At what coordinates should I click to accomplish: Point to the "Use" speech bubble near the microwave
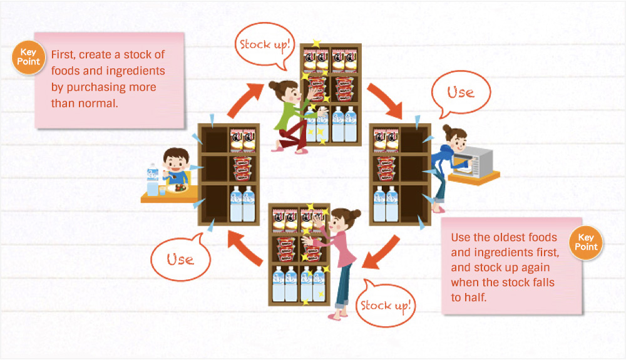pos(461,93)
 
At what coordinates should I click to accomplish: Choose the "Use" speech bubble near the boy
pos(180,258)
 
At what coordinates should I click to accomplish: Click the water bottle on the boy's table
pos(152,180)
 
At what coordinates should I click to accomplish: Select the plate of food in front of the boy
pos(178,187)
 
